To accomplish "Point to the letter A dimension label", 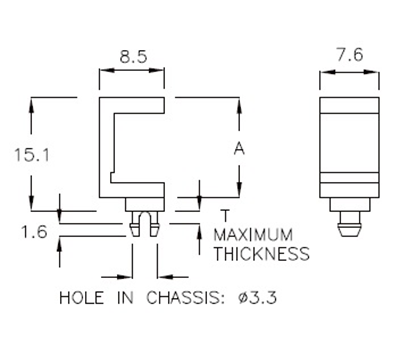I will coord(239,149).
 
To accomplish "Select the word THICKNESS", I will coord(261,254).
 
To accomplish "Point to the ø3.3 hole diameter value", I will coord(254,298).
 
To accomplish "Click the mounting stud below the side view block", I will coord(349,222).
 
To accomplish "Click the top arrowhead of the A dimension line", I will coord(239,102).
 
